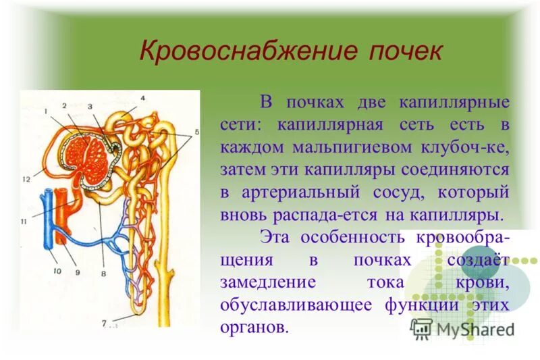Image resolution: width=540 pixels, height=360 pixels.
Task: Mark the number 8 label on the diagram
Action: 103,274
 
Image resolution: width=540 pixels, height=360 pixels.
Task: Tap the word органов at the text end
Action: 253,328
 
